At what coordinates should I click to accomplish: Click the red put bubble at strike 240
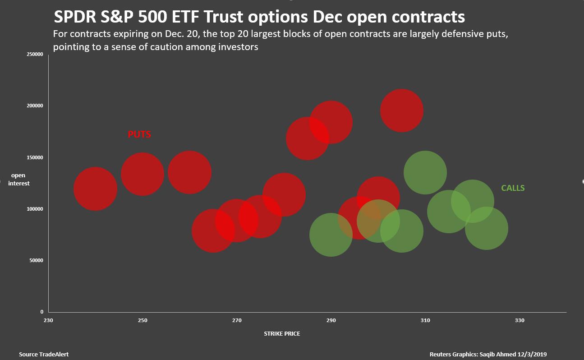click(x=95, y=189)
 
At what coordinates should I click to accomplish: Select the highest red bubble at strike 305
click(x=401, y=111)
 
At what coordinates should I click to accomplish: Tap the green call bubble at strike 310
click(x=425, y=172)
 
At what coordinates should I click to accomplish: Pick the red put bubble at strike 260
click(x=189, y=172)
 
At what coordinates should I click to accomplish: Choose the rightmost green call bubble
click(x=487, y=228)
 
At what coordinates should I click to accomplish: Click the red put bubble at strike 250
click(x=143, y=174)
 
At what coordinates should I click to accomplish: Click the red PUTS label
click(x=139, y=134)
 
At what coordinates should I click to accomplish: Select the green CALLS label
click(x=513, y=188)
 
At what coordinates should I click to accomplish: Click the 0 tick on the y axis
click(x=42, y=312)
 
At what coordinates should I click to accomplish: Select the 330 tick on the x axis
click(x=520, y=320)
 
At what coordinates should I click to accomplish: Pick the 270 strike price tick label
click(x=237, y=320)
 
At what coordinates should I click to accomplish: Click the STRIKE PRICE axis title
click(x=282, y=334)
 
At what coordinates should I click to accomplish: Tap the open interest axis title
click(x=18, y=179)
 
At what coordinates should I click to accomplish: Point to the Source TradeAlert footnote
click(x=44, y=355)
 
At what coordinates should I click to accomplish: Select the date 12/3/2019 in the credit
click(x=532, y=355)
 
